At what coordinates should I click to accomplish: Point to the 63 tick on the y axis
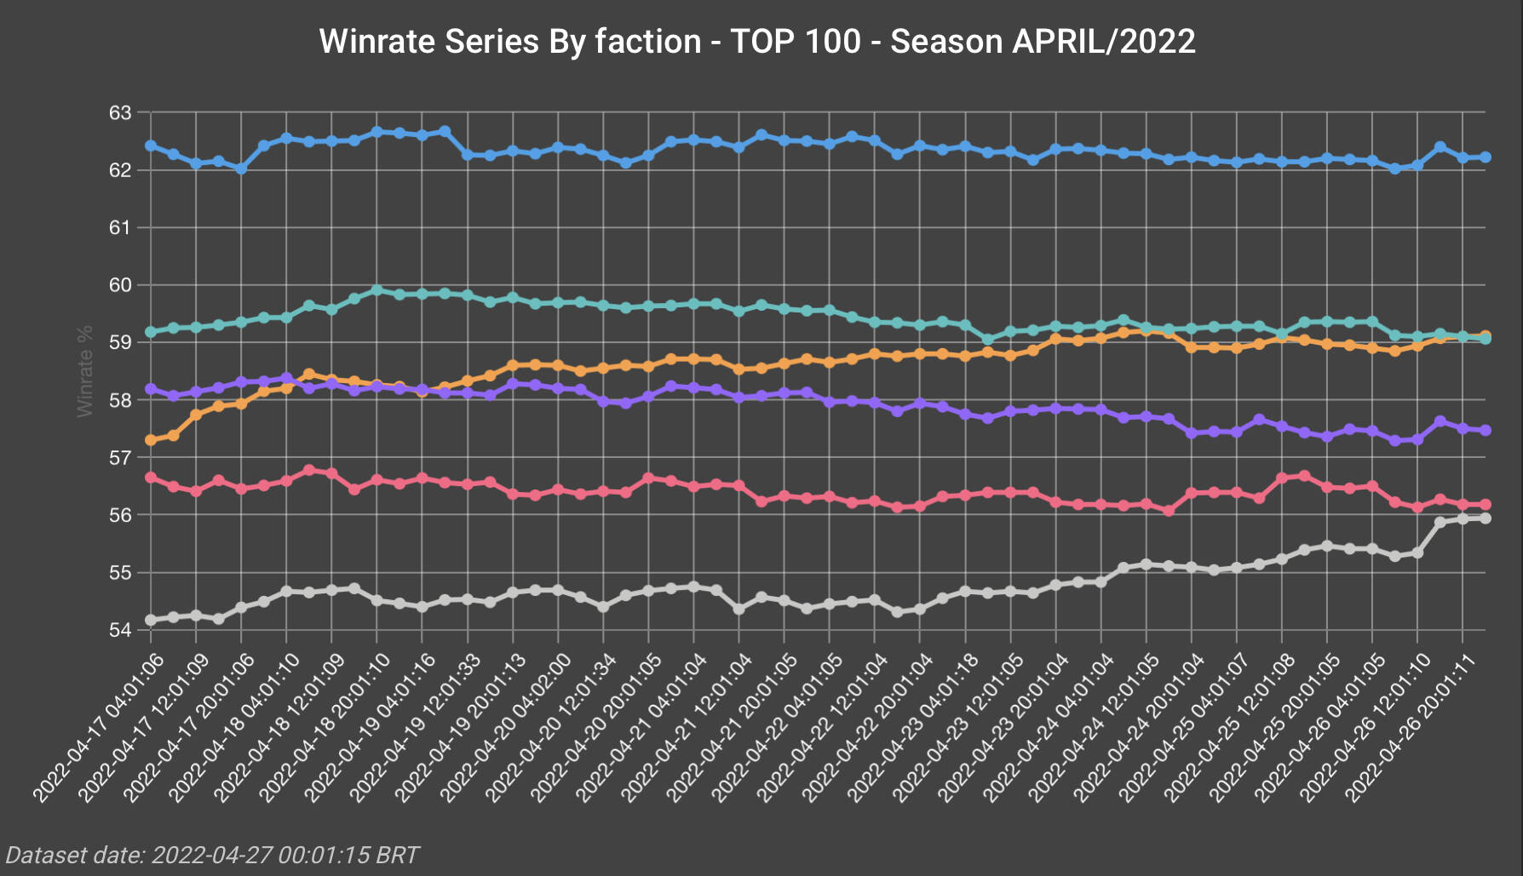click(x=120, y=113)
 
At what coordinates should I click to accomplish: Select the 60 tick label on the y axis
click(x=120, y=285)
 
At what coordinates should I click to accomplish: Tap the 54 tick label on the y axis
click(x=120, y=630)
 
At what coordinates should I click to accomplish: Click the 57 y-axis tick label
click(x=120, y=458)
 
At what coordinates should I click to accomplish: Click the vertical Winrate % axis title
click(x=85, y=371)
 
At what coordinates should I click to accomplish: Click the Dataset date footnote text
click(x=212, y=855)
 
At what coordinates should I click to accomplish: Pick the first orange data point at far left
click(x=151, y=440)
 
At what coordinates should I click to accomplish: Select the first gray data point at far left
click(x=151, y=620)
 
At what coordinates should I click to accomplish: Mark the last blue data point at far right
click(x=1486, y=157)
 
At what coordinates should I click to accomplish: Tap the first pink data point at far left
click(x=151, y=478)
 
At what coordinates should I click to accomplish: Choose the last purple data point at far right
click(x=1486, y=431)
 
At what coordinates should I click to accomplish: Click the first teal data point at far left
click(x=151, y=332)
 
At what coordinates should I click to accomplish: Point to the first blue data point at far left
click(x=151, y=146)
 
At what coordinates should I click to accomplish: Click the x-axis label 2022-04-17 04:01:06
click(x=98, y=728)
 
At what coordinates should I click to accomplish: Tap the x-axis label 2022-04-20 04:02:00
click(x=506, y=728)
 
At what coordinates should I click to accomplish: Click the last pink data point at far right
click(x=1486, y=505)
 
